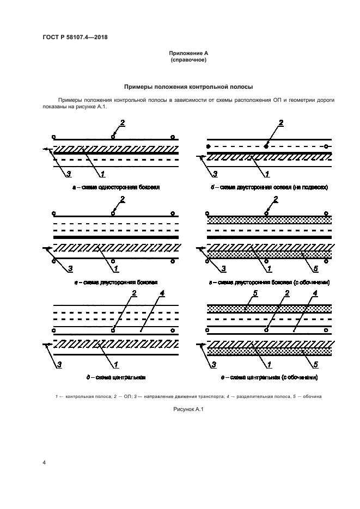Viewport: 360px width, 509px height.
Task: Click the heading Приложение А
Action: [188, 53]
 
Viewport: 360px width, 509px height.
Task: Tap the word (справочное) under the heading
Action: [188, 60]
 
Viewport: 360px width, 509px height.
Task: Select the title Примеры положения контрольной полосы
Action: [188, 87]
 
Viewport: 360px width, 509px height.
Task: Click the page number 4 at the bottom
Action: [44, 462]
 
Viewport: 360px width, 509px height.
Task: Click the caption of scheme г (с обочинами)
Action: [269, 283]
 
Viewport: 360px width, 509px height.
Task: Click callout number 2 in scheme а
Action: [123, 122]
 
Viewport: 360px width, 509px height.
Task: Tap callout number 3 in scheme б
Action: [215, 174]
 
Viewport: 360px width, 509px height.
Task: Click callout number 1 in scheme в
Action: [116, 269]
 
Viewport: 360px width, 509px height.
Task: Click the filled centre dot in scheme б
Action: [266, 146]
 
